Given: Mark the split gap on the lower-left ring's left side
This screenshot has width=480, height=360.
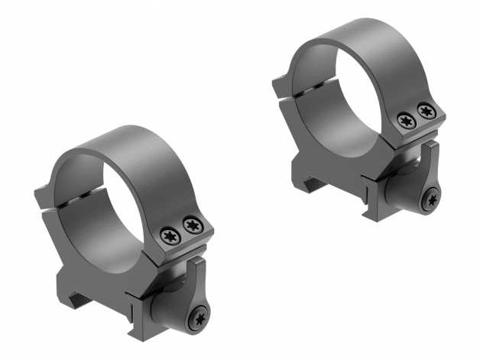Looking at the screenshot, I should click(57, 197).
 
